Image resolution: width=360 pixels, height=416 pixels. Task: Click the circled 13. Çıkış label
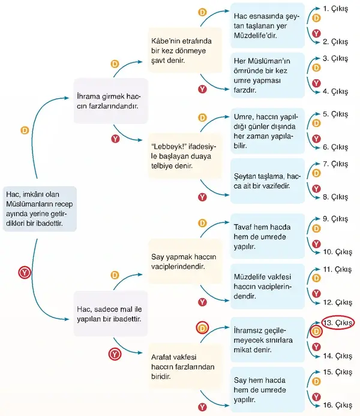(x=338, y=323)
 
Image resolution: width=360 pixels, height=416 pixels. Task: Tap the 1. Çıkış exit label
(x=335, y=9)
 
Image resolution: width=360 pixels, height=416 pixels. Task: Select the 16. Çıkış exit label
(x=337, y=405)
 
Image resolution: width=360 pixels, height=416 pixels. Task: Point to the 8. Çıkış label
(x=335, y=197)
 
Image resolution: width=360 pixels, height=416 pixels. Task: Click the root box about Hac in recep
(x=40, y=209)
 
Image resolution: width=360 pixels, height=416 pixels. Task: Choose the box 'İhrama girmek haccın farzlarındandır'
(x=111, y=101)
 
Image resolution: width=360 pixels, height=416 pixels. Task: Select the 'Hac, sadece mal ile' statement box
(x=111, y=314)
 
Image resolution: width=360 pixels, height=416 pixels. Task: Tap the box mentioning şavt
(x=185, y=50)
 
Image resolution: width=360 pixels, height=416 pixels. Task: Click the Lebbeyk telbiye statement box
(x=185, y=156)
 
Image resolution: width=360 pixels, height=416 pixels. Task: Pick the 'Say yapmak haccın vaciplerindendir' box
(x=185, y=261)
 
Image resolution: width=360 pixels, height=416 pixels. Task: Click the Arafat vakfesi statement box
(x=185, y=367)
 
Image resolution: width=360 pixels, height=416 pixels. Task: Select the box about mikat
(x=268, y=340)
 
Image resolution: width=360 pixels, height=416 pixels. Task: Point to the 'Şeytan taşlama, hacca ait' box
(x=268, y=181)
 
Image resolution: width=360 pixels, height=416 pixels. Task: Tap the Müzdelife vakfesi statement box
(x=268, y=287)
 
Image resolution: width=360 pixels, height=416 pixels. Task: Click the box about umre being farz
(x=268, y=76)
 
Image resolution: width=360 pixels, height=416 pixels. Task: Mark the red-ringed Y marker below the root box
(x=25, y=273)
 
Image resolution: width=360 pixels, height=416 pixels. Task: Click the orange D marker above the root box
(x=25, y=130)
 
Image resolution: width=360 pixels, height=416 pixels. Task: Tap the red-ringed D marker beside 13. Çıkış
(x=316, y=331)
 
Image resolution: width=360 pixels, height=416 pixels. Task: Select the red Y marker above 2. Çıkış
(x=316, y=34)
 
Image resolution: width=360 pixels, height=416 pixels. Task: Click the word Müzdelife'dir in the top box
(x=255, y=35)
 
